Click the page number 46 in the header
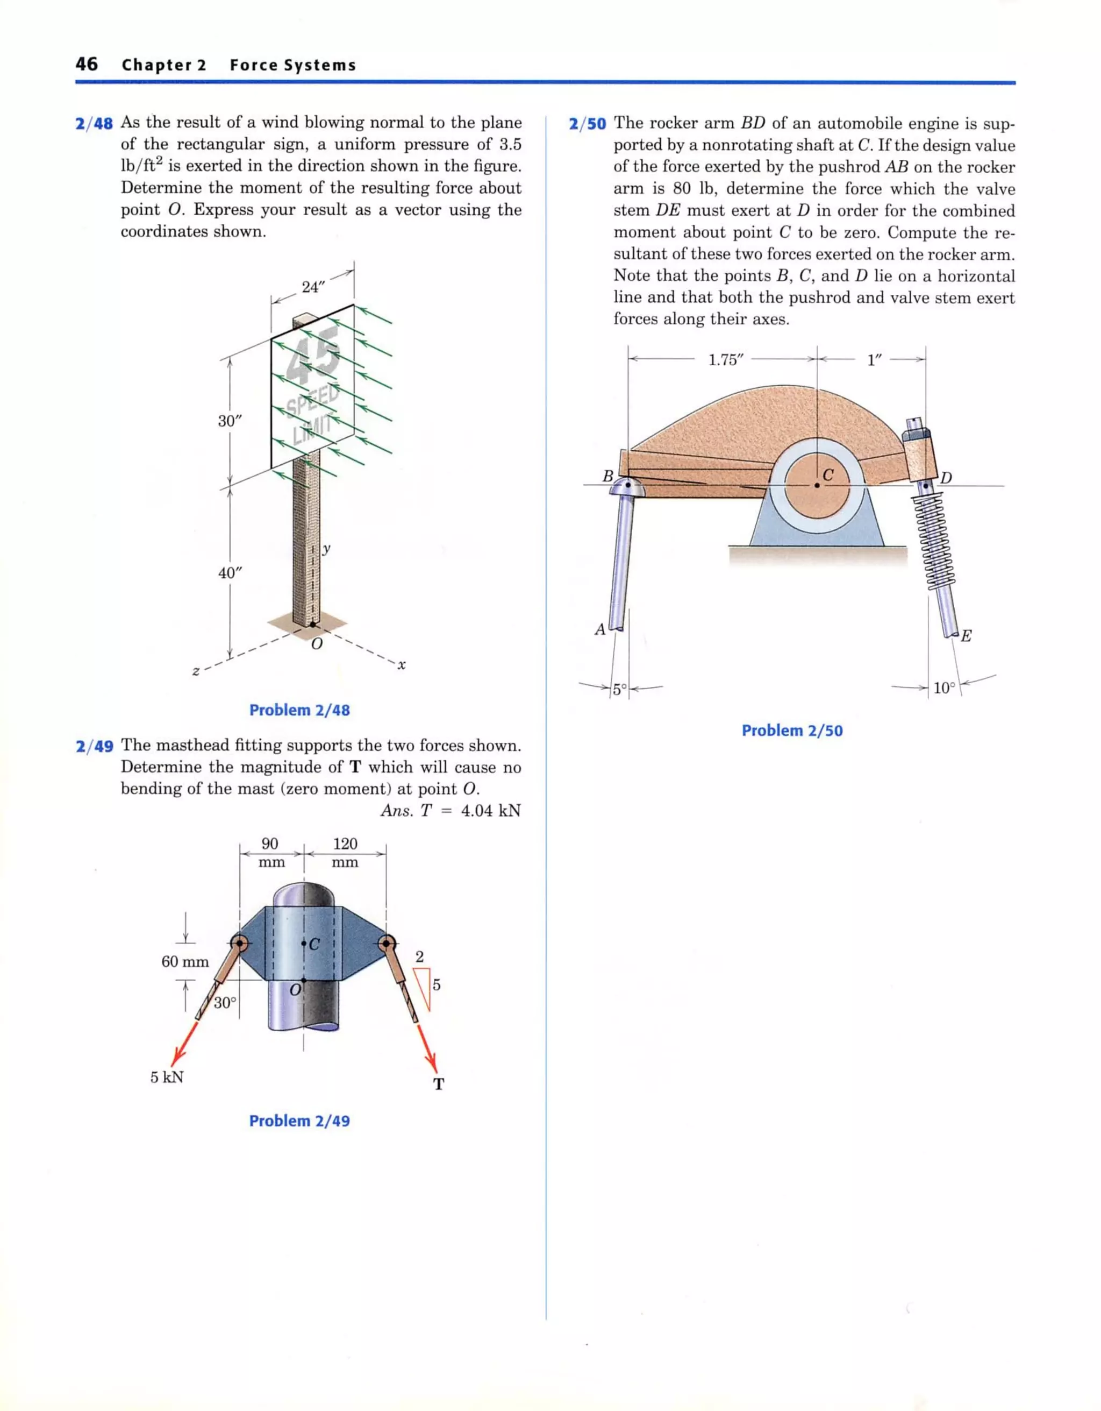[87, 64]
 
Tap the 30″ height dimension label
[229, 421]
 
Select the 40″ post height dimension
[229, 572]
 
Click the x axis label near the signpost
[401, 664]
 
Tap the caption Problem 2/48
[299, 710]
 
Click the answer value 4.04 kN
[490, 810]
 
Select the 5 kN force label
[167, 1077]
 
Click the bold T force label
[439, 1084]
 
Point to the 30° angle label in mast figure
[225, 1003]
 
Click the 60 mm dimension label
[185, 961]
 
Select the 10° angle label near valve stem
[943, 688]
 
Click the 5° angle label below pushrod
[619, 689]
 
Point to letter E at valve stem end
[966, 636]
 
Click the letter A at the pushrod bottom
[600, 629]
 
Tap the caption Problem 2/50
[792, 731]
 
